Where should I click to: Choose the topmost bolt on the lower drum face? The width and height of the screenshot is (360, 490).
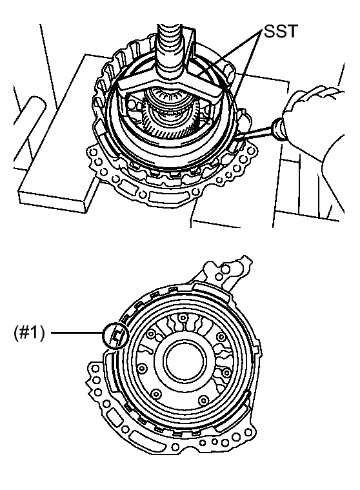pyautogui.click(x=184, y=318)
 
